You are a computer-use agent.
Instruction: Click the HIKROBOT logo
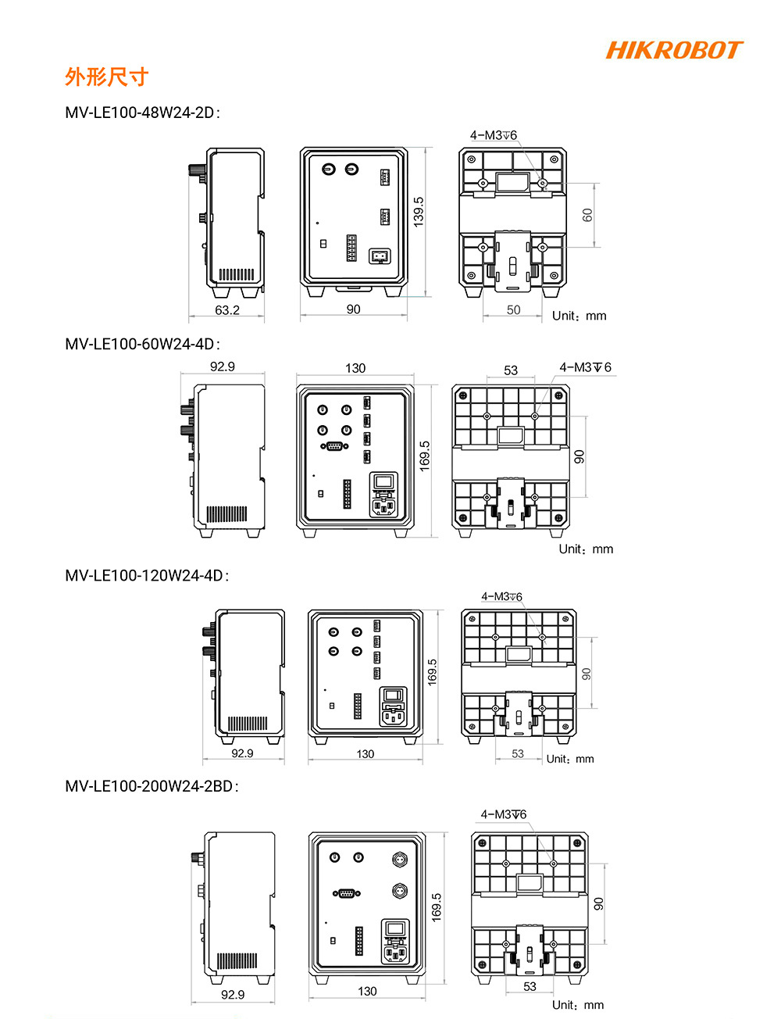673,51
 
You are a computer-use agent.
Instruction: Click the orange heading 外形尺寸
106,77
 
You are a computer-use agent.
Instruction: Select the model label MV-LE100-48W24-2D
142,113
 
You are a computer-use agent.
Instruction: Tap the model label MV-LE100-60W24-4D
142,344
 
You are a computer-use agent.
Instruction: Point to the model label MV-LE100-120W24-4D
147,576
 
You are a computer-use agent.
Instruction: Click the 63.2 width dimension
227,310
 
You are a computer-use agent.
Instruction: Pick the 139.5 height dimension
419,212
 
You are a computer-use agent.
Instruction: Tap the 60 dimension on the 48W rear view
587,215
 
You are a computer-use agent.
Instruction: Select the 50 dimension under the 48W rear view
513,310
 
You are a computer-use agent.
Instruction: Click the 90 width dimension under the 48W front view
354,310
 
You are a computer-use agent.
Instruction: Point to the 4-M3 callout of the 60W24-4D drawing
585,367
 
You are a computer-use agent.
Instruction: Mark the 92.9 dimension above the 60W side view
223,366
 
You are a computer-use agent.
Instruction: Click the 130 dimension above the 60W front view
355,368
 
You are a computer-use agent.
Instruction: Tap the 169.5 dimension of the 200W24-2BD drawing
437,907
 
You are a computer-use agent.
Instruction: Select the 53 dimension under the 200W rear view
530,987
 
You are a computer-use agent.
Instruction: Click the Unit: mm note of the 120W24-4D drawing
570,759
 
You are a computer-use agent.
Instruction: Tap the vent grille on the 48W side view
236,274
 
